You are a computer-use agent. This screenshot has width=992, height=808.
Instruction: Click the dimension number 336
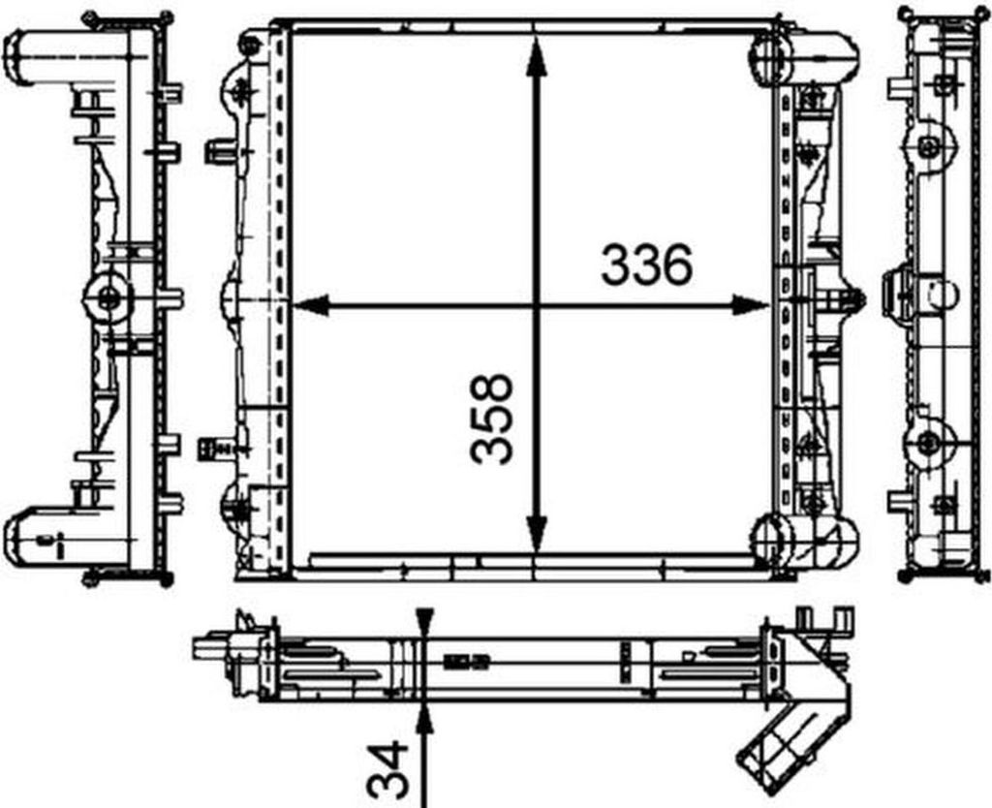point(646,265)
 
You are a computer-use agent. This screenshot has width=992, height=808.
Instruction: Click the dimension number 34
point(388,771)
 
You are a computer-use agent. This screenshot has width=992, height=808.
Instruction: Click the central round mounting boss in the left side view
point(108,298)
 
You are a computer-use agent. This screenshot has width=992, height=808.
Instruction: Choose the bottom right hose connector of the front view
point(819,536)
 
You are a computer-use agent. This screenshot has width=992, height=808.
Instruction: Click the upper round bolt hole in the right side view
point(928,146)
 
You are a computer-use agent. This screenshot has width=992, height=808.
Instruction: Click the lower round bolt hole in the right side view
point(928,444)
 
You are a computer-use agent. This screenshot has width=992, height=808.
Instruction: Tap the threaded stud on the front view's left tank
point(215,449)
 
